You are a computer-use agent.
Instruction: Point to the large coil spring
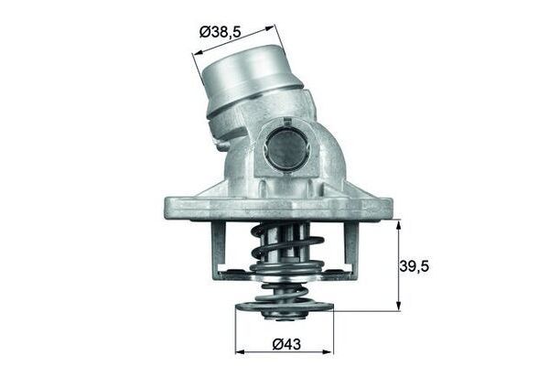tap(286, 252)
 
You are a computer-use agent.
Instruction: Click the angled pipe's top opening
tap(242, 64)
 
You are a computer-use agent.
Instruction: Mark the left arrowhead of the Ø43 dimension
tap(240, 351)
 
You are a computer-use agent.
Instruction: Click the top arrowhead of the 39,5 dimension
tap(399, 223)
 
